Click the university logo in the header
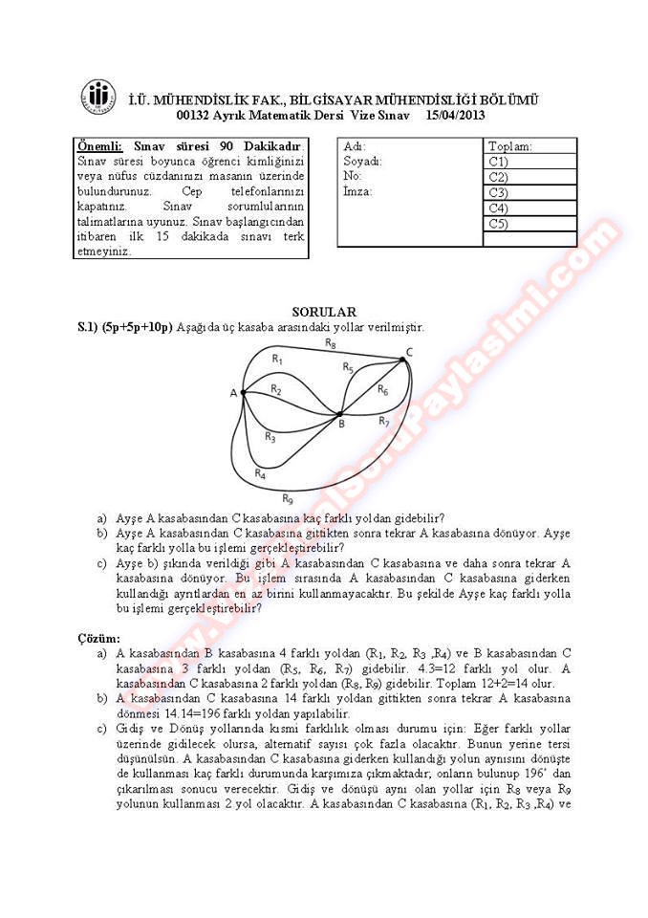click(99, 98)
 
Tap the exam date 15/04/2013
click(458, 115)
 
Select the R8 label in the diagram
click(330, 341)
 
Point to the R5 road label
click(348, 367)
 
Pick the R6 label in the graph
click(382, 389)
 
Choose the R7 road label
click(384, 421)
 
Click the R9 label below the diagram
click(287, 498)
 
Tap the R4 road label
click(260, 472)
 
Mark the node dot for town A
click(243, 392)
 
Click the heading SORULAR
click(323, 312)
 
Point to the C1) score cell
click(529, 162)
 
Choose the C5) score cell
click(529, 224)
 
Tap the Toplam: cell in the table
click(529, 146)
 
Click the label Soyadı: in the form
click(362, 162)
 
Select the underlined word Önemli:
click(99, 146)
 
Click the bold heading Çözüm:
click(99, 638)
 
